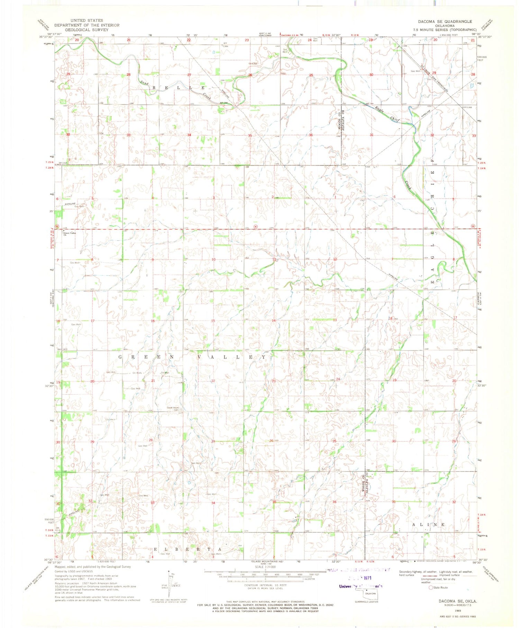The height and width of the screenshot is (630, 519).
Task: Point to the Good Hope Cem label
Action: click(x=173, y=408)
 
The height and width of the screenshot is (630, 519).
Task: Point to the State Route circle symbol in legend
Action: click(x=431, y=587)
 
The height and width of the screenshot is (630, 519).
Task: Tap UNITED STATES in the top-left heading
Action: click(x=86, y=20)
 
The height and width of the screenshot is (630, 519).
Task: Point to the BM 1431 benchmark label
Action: click(x=63, y=350)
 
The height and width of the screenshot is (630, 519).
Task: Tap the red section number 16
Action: click(x=153, y=321)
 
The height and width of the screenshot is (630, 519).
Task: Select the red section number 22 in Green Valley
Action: click(x=213, y=381)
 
